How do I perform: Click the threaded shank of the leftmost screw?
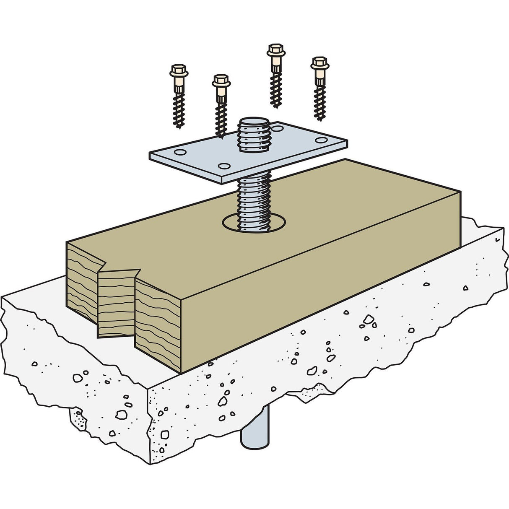pos(179,109)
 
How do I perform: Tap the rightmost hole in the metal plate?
pos(322,140)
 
